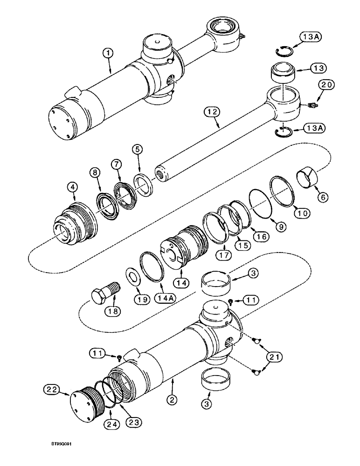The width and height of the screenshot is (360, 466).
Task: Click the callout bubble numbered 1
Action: (108, 54)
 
